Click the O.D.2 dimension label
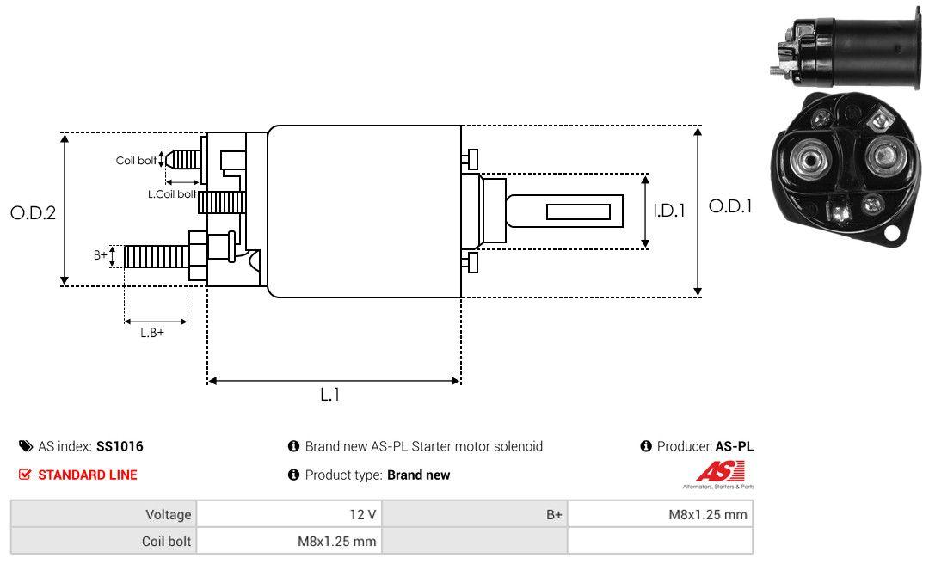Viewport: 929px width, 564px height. (x=34, y=212)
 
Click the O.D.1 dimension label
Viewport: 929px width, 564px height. (x=730, y=206)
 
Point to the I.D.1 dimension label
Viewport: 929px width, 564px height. (x=669, y=211)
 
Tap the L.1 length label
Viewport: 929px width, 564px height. (x=330, y=395)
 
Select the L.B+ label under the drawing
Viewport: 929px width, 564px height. (x=152, y=333)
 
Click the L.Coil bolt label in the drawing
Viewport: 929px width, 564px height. (x=172, y=193)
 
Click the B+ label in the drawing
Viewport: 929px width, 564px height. (x=101, y=255)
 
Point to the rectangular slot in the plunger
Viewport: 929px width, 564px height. (x=578, y=211)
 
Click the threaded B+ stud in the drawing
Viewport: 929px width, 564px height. (x=157, y=256)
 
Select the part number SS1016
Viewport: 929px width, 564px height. (x=120, y=446)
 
